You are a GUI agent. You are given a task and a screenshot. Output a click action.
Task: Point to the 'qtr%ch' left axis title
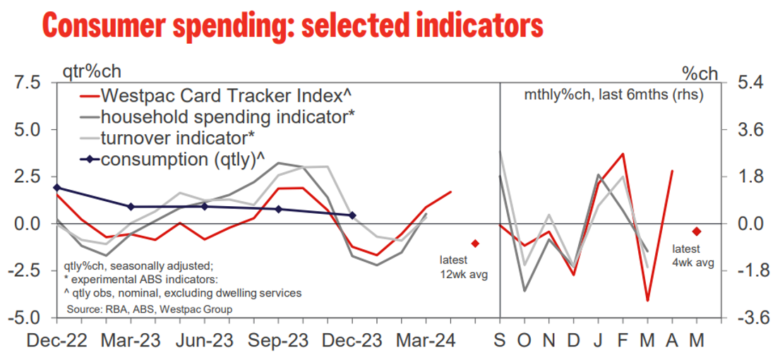(91, 72)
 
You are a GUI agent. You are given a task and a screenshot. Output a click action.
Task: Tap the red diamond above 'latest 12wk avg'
(475, 243)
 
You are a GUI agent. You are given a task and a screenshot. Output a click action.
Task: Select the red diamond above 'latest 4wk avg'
(697, 232)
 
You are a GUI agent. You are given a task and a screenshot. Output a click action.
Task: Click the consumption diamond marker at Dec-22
(56, 188)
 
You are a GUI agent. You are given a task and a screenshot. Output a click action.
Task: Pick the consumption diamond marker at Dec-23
(352, 215)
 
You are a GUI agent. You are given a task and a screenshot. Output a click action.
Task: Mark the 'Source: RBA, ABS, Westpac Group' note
(149, 309)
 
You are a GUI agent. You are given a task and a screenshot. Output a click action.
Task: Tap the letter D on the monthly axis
(574, 342)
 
